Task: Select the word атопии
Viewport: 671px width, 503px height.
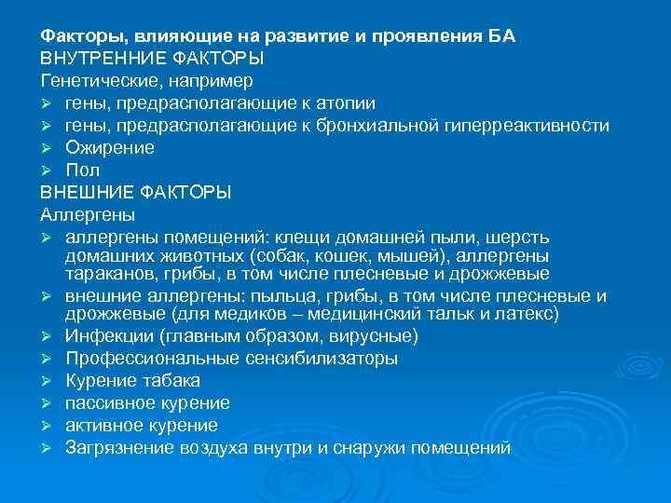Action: (346, 103)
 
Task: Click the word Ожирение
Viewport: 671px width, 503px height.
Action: (110, 148)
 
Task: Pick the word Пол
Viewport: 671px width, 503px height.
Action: (81, 170)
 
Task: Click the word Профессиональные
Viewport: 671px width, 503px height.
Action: (145, 359)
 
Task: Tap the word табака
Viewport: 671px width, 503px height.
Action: (174, 381)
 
